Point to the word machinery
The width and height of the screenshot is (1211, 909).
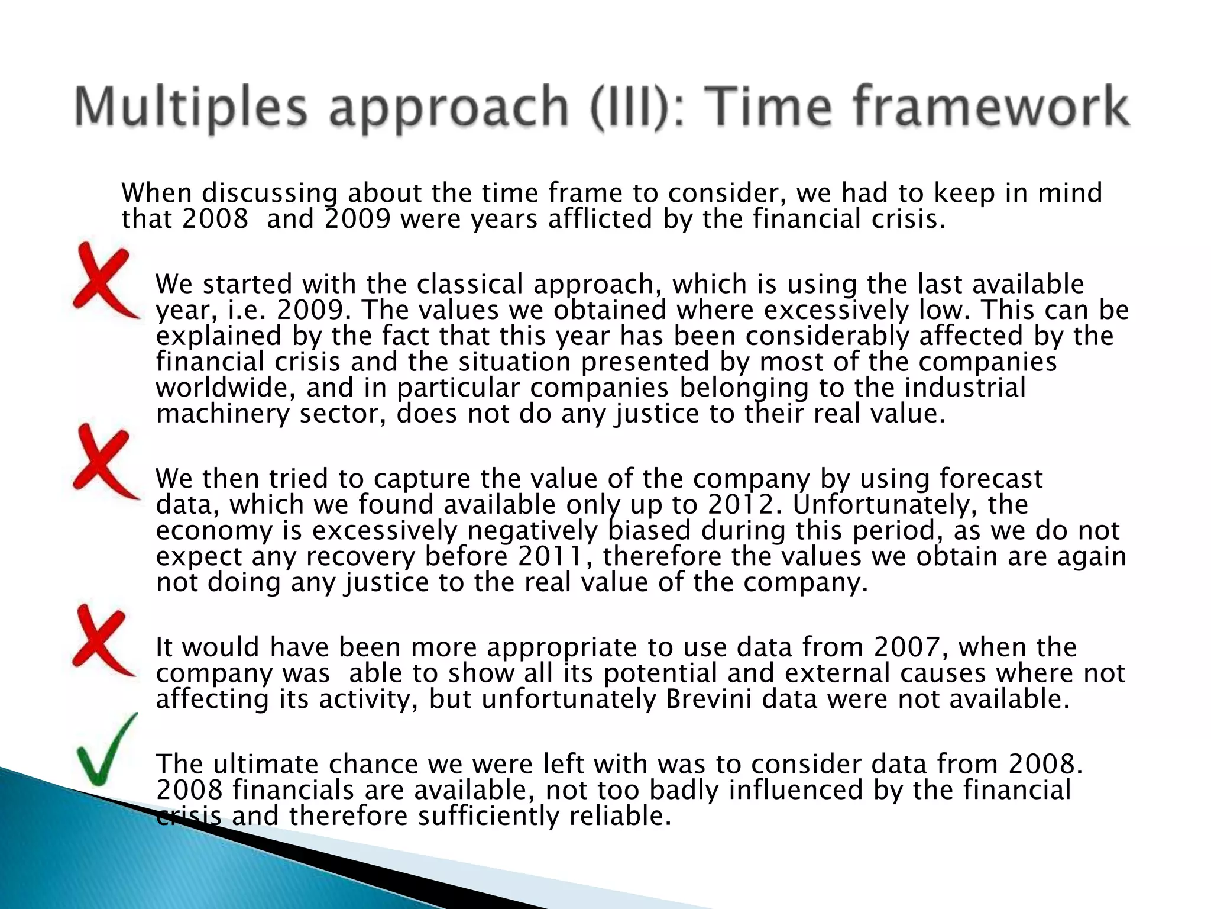tap(222, 414)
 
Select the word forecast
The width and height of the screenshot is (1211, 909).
tap(992, 479)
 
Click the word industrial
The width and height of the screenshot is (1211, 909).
tap(965, 388)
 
